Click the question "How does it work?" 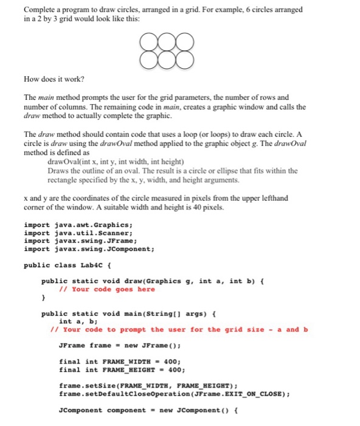[x=54, y=79]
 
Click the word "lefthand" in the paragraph [x=273, y=198]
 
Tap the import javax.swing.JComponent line [x=89, y=249]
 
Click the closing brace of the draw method [x=43, y=298]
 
